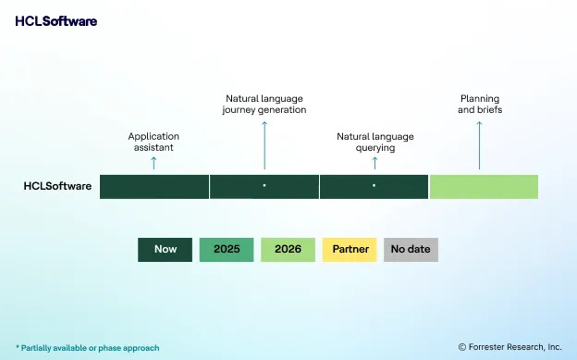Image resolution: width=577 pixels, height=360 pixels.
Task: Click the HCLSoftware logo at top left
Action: click(55, 20)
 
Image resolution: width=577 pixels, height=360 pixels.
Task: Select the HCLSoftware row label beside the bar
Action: click(57, 186)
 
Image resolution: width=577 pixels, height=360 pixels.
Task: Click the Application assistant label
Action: click(153, 142)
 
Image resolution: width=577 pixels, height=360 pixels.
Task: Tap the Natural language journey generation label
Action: click(264, 104)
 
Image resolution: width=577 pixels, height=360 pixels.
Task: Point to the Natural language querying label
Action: click(374, 142)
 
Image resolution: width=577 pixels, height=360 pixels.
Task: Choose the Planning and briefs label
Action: click(479, 104)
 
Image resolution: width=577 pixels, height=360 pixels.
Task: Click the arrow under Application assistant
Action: click(153, 163)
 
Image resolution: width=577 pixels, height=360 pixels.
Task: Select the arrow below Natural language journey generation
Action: click(264, 143)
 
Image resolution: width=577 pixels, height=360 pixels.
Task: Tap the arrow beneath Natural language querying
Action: click(374, 163)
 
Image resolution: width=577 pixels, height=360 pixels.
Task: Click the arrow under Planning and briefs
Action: click(479, 143)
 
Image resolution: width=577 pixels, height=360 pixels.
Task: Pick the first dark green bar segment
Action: click(154, 186)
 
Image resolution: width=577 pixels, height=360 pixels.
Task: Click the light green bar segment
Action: click(484, 186)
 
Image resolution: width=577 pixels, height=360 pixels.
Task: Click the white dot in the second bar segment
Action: click(264, 186)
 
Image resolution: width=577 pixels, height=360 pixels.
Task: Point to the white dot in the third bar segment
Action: click(374, 186)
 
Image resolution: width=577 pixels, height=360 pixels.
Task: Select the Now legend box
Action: click(166, 249)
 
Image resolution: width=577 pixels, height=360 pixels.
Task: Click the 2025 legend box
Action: click(227, 249)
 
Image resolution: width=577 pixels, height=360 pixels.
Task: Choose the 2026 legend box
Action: click(288, 249)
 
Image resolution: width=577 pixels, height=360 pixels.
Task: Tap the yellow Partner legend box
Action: click(350, 249)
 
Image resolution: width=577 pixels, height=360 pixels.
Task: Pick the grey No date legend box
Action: click(411, 249)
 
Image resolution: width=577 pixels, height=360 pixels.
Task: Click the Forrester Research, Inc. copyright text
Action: click(509, 347)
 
